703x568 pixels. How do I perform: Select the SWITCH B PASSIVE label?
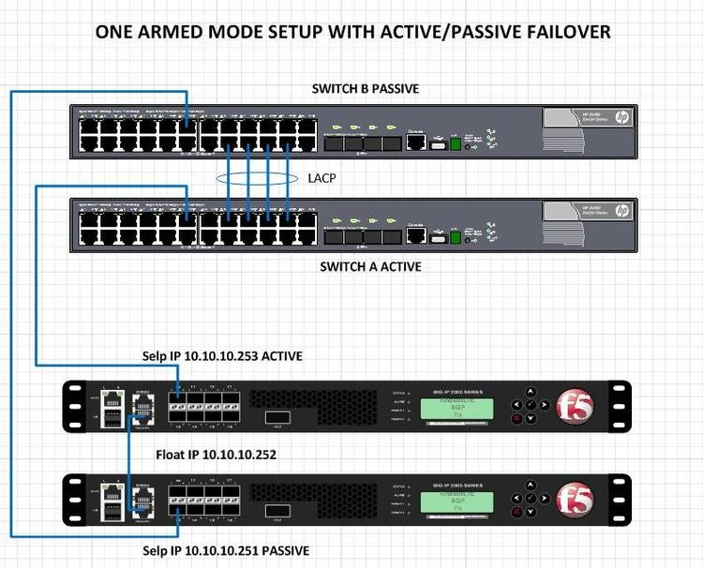[365, 89]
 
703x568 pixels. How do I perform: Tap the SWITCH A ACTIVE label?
[370, 266]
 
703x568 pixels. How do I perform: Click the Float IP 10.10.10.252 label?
[217, 455]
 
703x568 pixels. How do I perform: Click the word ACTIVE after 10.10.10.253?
[280, 357]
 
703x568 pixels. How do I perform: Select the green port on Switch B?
[456, 143]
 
